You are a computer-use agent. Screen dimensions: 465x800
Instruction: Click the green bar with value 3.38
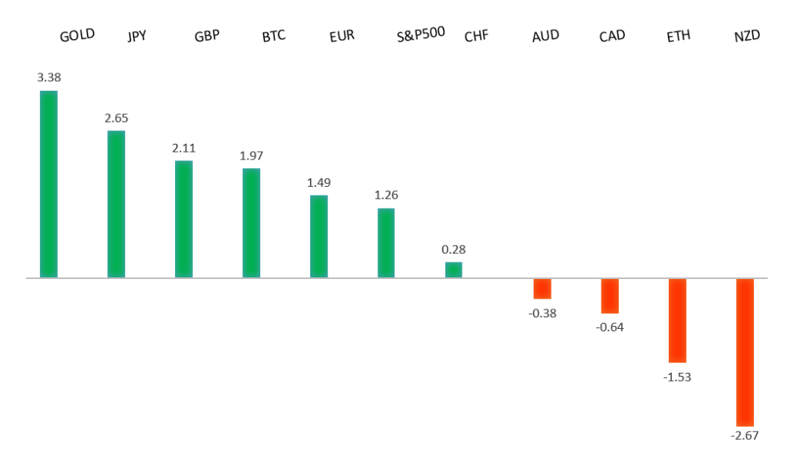point(48,184)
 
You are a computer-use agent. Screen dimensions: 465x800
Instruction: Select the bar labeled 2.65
point(116,204)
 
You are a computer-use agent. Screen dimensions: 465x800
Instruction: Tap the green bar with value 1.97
point(251,223)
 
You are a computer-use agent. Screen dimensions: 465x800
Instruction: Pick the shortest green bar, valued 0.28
point(453,270)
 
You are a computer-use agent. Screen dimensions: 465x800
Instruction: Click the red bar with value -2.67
point(745,352)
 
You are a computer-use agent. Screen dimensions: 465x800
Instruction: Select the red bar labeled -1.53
point(677,320)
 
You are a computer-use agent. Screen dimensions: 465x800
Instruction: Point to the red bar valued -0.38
point(542,288)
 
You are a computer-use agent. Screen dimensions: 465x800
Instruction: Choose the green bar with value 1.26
point(386,243)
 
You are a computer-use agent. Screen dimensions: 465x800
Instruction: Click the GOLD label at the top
point(77,35)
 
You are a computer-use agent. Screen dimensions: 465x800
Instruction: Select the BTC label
point(273,36)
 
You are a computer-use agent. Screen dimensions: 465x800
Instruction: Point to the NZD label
point(748,36)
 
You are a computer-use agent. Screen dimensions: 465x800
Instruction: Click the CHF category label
point(476,36)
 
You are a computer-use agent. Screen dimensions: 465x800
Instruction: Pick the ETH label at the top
point(678,36)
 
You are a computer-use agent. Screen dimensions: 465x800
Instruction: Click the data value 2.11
point(184,148)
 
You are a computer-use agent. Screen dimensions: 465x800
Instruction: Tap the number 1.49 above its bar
point(319,182)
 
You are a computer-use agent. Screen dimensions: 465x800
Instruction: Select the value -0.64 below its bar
point(609,327)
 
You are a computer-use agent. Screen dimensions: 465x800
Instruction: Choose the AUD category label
point(545,36)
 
